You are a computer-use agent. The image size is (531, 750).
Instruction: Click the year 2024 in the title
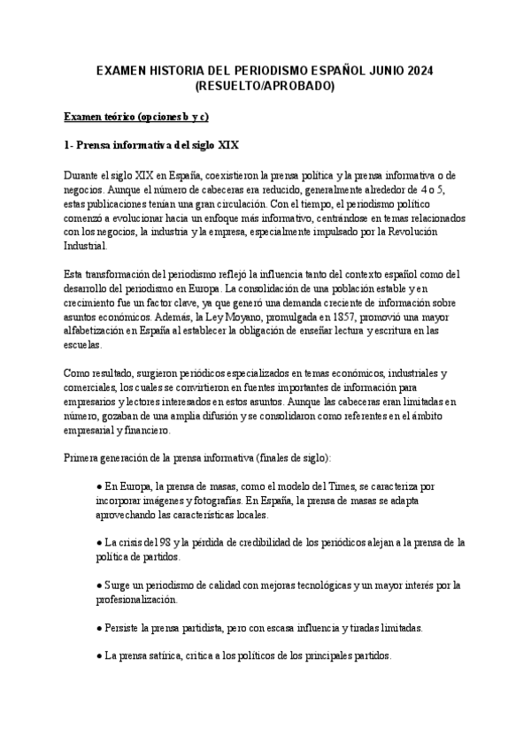point(419,71)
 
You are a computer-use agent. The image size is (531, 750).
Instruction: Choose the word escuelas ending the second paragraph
point(84,345)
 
